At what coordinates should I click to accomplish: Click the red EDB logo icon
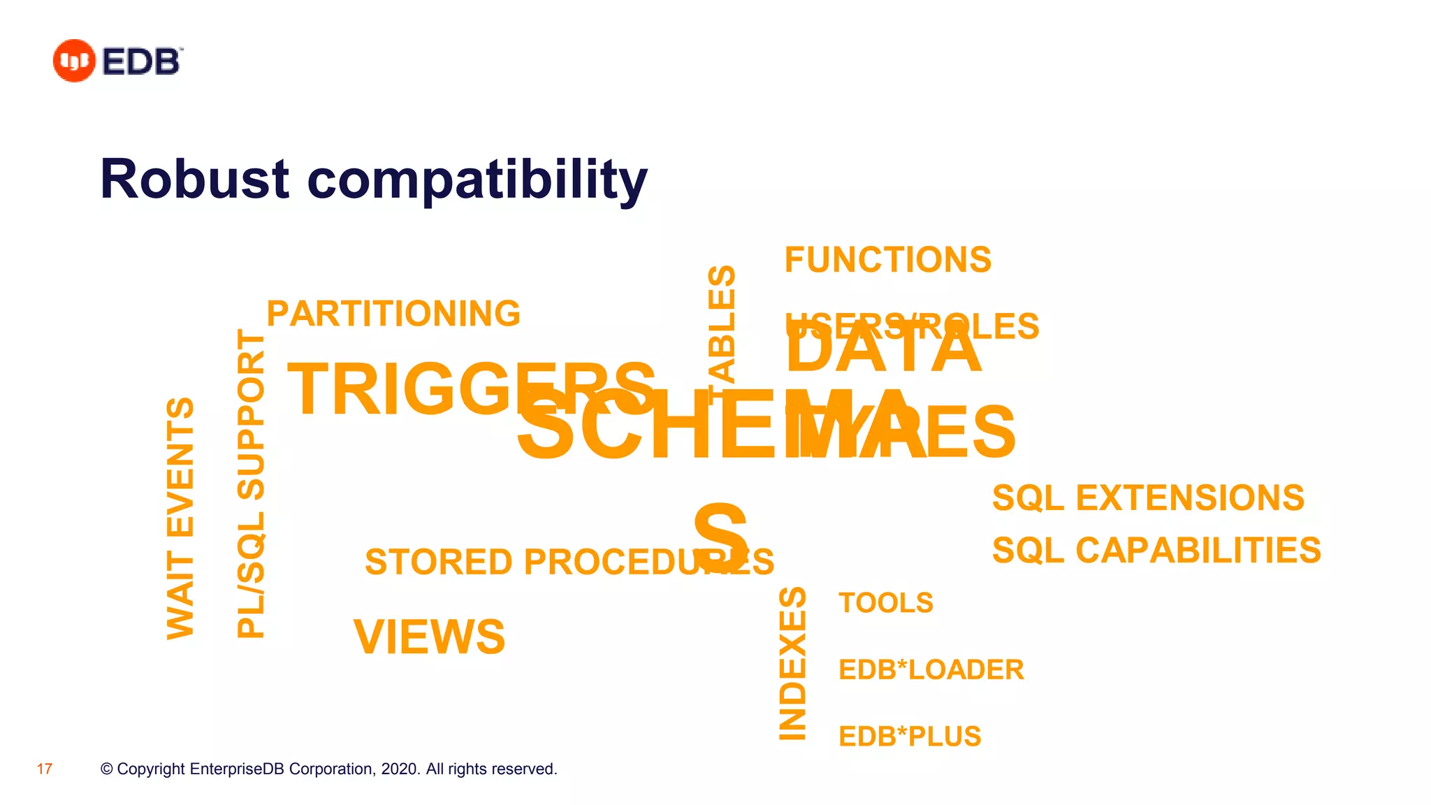coord(73,61)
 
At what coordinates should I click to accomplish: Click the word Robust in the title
coord(194,180)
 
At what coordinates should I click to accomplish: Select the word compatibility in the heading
coord(477,180)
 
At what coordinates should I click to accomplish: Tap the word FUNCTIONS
coord(887,260)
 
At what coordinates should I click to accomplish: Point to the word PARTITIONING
coord(393,314)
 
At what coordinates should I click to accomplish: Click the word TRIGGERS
coord(419,389)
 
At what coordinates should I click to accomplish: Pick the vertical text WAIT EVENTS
coord(180,518)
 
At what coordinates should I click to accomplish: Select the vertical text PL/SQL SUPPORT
coord(251,484)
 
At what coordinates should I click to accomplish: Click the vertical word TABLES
coord(722,325)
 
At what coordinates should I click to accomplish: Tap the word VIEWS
coord(429,637)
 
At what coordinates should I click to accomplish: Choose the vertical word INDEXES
coord(792,663)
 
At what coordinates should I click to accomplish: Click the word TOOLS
coord(885,603)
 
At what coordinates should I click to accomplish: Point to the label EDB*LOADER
coord(931,669)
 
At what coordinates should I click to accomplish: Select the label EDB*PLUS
coord(910,737)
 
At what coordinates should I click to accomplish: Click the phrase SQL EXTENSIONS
coord(1148,498)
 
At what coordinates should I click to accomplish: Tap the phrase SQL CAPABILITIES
coord(1156,551)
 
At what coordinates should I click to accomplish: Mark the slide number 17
coord(45,769)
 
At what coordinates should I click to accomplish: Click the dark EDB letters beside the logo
coord(142,61)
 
